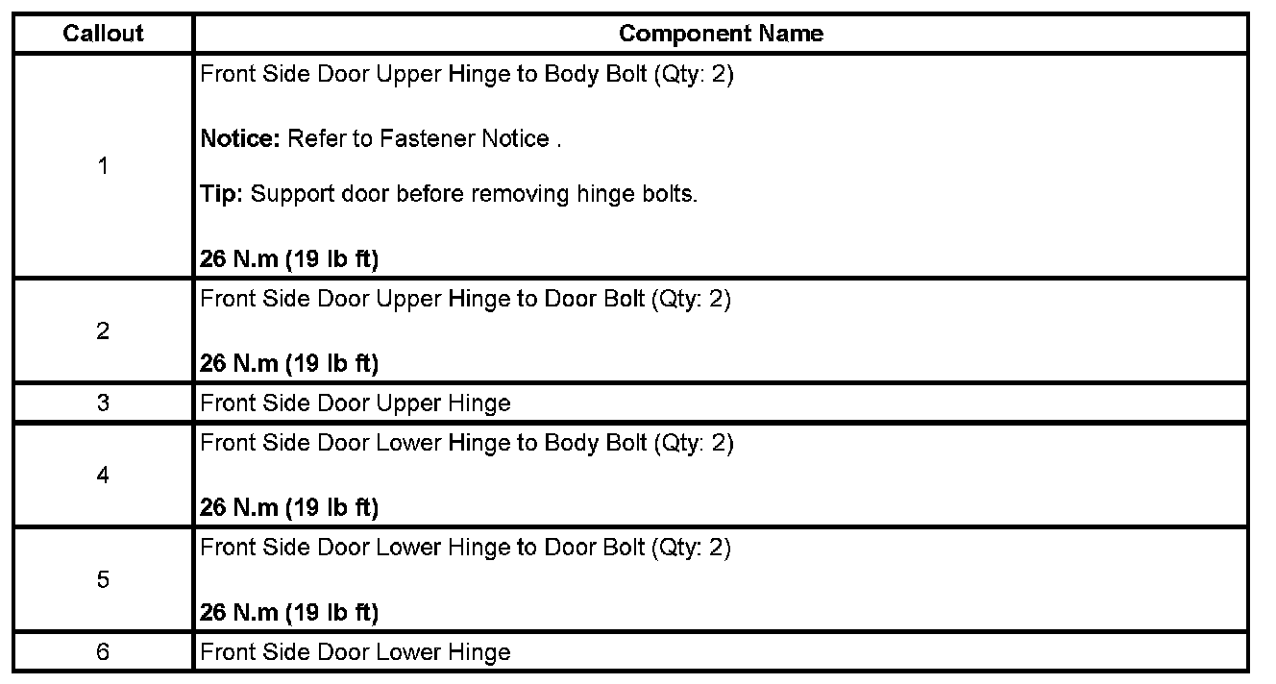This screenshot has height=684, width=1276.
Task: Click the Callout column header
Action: coord(103,34)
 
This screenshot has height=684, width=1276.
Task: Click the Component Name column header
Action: coord(721,34)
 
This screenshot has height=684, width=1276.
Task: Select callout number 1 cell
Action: coord(103,166)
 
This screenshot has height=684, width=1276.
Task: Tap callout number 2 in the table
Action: coord(103,331)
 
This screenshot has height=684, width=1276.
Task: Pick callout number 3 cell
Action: coord(103,403)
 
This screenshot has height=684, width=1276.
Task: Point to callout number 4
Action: coord(103,476)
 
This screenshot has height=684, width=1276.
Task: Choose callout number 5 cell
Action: coord(103,579)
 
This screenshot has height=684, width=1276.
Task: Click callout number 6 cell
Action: coord(103,652)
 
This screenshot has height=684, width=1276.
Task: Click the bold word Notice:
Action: coord(239,139)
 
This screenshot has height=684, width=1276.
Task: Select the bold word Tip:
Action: coord(223,194)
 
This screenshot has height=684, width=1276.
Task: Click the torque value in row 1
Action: coord(289,259)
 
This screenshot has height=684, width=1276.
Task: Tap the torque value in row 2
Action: coord(289,363)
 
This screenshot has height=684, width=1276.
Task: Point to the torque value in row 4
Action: coord(289,507)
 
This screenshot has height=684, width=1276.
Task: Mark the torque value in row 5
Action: coord(289,612)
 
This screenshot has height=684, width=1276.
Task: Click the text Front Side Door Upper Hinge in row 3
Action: coord(356,403)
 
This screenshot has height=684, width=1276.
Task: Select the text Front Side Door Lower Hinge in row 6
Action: coord(356,653)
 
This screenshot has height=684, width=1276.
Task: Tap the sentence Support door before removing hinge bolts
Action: coord(475,194)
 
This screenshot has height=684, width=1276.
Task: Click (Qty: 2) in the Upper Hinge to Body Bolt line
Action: coord(693,75)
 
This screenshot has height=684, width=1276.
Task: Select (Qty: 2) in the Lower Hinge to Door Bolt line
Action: coord(691,548)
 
